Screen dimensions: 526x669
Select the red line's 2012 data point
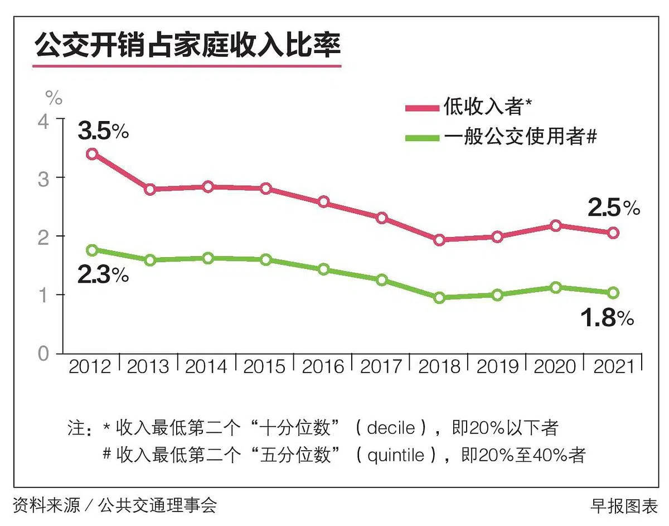pyautogui.click(x=93, y=154)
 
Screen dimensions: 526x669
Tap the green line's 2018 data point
pyautogui.click(x=439, y=298)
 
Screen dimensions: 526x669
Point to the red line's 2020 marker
pyautogui.click(x=555, y=225)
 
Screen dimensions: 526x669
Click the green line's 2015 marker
pyautogui.click(x=266, y=259)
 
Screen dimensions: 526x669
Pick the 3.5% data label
pyautogui.click(x=103, y=132)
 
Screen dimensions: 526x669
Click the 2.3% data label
pyautogui.click(x=103, y=275)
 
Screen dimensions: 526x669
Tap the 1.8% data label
pyautogui.click(x=608, y=318)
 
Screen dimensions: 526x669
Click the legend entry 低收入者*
pyautogui.click(x=482, y=105)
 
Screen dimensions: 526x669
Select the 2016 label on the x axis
pyautogui.click(x=323, y=366)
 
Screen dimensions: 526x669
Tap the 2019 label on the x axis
pyautogui.click(x=497, y=366)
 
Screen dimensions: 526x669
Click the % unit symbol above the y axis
pyautogui.click(x=54, y=99)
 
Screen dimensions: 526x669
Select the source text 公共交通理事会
pyautogui.click(x=157, y=505)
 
